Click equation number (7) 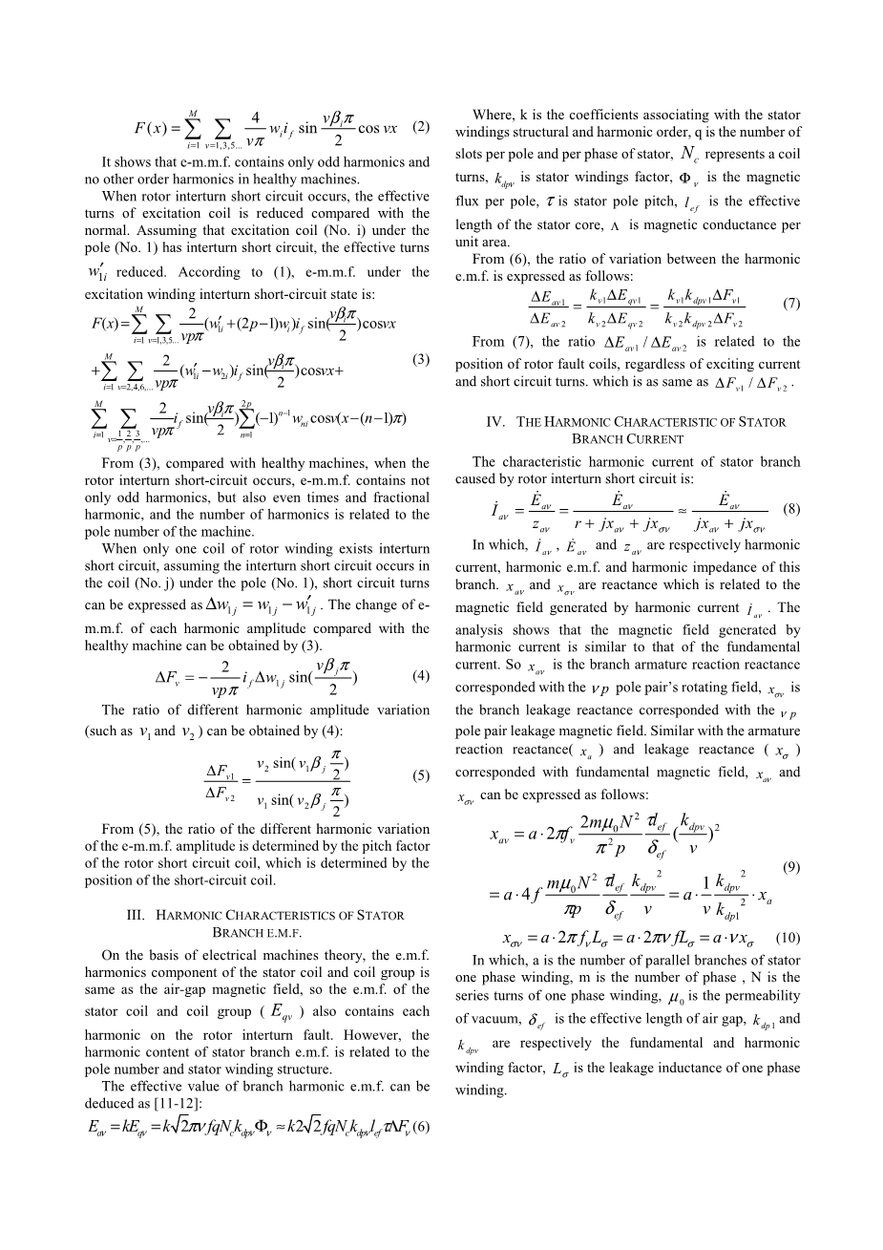point(790,304)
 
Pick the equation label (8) point(790,508)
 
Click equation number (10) point(788,938)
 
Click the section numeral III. point(137,915)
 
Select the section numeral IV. point(496,422)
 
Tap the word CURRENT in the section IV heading point(656,439)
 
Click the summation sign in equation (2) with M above point(194,127)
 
